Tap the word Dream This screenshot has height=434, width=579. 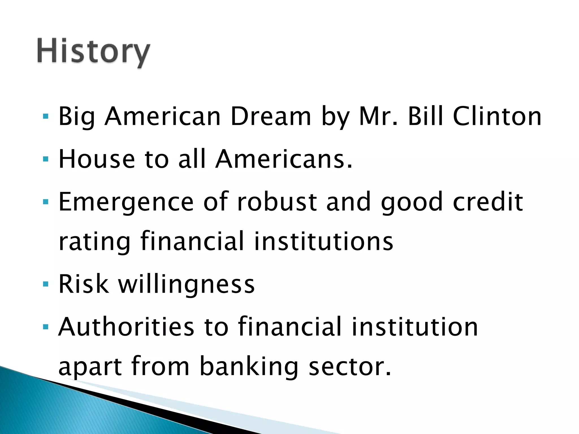click(271, 116)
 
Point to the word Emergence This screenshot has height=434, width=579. click(126, 202)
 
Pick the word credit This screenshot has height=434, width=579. click(488, 202)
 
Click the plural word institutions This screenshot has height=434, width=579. click(323, 241)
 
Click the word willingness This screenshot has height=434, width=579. click(186, 285)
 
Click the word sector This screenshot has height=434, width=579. click(350, 367)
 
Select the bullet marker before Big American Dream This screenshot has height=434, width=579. click(46, 116)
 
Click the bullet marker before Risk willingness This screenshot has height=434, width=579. click(46, 284)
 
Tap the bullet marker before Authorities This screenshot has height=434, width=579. click(46, 327)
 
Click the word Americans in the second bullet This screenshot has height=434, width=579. click(284, 159)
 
